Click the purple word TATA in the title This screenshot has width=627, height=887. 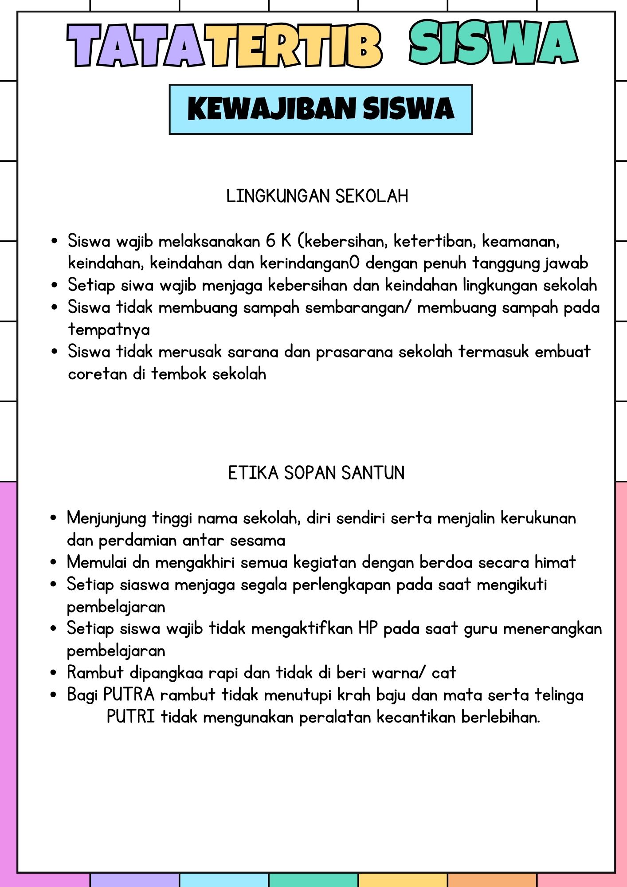tap(135, 46)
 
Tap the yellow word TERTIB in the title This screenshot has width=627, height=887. tap(295, 46)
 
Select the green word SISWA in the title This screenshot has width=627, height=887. tap(493, 43)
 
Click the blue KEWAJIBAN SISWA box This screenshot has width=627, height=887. tap(321, 109)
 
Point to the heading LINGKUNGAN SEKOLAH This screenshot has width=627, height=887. tap(317, 196)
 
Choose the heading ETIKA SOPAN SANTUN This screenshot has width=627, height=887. tap(316, 473)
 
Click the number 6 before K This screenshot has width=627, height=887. tap(270, 241)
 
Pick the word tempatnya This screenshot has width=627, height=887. tap(109, 330)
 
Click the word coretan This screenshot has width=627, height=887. tap(98, 374)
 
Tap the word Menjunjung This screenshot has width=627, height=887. tap(106, 518)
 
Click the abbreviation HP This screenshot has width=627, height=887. tap(368, 628)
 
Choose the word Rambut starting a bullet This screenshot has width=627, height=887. tap(95, 672)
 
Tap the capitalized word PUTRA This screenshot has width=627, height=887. tap(129, 695)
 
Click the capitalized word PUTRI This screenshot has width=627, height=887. tap(131, 717)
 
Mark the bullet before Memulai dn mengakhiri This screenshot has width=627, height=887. tap(54, 562)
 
